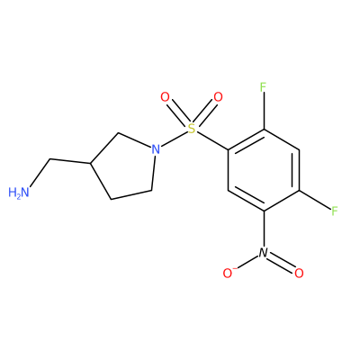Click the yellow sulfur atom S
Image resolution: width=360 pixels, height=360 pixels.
coord(192,129)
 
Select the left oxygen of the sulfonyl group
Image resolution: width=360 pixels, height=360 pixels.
coord(165,97)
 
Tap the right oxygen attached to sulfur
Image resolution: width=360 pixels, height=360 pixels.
coord(218,97)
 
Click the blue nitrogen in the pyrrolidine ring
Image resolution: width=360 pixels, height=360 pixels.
coord(155,149)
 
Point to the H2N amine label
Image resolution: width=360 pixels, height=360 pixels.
coord(19,193)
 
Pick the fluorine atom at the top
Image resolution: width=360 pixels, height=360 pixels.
coord(263,87)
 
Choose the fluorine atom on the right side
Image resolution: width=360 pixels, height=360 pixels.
coord(335,211)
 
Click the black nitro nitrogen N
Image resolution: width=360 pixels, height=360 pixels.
coord(263,253)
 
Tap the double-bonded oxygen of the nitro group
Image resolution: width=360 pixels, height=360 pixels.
coord(299,273)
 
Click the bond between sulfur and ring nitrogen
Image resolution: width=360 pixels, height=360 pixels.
coord(174,139)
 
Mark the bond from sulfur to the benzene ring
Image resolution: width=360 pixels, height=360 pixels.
coord(212,140)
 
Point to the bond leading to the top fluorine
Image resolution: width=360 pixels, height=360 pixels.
coord(264,112)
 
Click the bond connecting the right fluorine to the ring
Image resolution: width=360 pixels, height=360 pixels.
coord(314,200)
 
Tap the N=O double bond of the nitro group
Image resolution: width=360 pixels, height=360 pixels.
coord(281,263)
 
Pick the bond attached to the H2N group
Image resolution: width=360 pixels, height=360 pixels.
coord(40,174)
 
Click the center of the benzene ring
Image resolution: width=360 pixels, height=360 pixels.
coord(264,170)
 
